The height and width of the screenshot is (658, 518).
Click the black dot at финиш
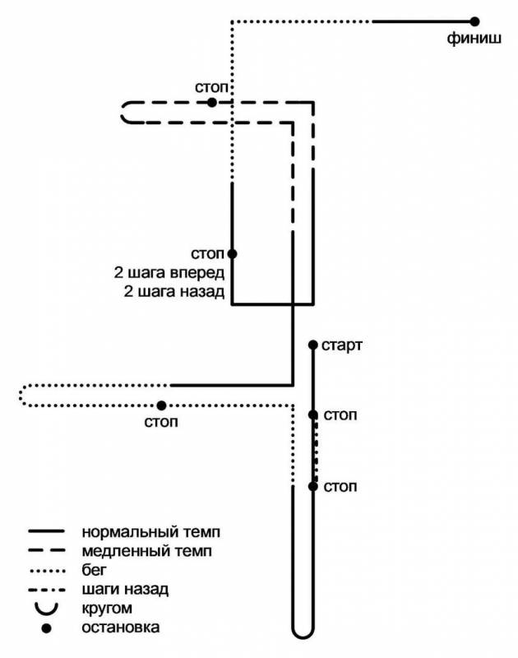tap(474, 21)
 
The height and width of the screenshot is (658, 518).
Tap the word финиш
tap(474, 39)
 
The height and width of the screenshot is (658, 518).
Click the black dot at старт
tap(313, 345)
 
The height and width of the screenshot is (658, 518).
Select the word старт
tap(342, 345)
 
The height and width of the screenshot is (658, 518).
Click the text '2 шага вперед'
tap(169, 273)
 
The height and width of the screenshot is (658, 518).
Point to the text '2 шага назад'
tap(174, 291)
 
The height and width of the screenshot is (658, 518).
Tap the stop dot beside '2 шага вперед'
tap(232, 254)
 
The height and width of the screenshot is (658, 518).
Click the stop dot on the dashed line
tap(212, 102)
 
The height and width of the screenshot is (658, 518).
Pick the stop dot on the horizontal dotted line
tap(161, 405)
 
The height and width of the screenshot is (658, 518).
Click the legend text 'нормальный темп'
tap(151, 532)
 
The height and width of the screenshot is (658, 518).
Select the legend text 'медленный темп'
tap(147, 550)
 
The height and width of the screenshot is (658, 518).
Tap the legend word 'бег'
tap(94, 570)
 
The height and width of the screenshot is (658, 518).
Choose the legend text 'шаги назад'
tap(125, 589)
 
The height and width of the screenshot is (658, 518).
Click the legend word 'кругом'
tap(107, 608)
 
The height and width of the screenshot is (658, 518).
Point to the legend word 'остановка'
tap(120, 628)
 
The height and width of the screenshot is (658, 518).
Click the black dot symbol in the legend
tap(47, 628)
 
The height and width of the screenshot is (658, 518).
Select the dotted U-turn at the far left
tap(20, 396)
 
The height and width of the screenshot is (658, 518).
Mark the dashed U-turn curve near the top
tap(122, 113)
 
